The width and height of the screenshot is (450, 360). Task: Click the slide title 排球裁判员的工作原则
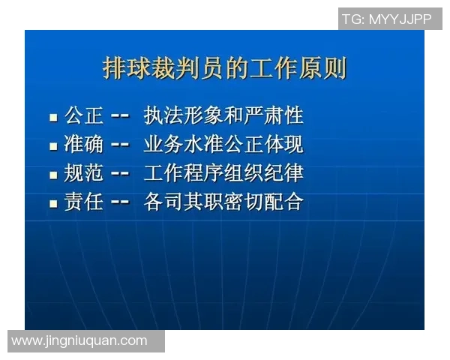(x=224, y=68)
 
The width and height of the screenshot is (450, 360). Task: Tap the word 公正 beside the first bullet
(x=83, y=116)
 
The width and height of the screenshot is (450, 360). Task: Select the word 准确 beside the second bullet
(x=83, y=145)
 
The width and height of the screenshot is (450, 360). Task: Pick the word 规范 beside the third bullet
(x=83, y=173)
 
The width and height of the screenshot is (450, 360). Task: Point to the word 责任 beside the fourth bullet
(x=83, y=202)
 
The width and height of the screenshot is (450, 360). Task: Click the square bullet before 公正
(x=53, y=118)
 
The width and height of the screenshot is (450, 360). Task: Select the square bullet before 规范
(x=53, y=175)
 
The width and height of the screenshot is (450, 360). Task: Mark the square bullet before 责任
(x=53, y=204)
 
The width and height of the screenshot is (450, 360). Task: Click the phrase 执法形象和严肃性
(x=223, y=116)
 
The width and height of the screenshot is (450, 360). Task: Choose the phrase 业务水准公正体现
(x=223, y=145)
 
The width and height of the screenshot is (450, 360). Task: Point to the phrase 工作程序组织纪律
(x=223, y=173)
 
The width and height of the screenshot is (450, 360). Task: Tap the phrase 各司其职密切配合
(x=223, y=202)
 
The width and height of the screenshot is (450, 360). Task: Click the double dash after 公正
(x=120, y=117)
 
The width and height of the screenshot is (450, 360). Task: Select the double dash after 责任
(x=120, y=202)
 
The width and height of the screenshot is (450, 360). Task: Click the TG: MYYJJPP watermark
(x=387, y=19)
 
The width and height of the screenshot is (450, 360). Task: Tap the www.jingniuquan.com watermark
(x=80, y=340)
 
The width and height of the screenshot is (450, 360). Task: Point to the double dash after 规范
(x=120, y=174)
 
